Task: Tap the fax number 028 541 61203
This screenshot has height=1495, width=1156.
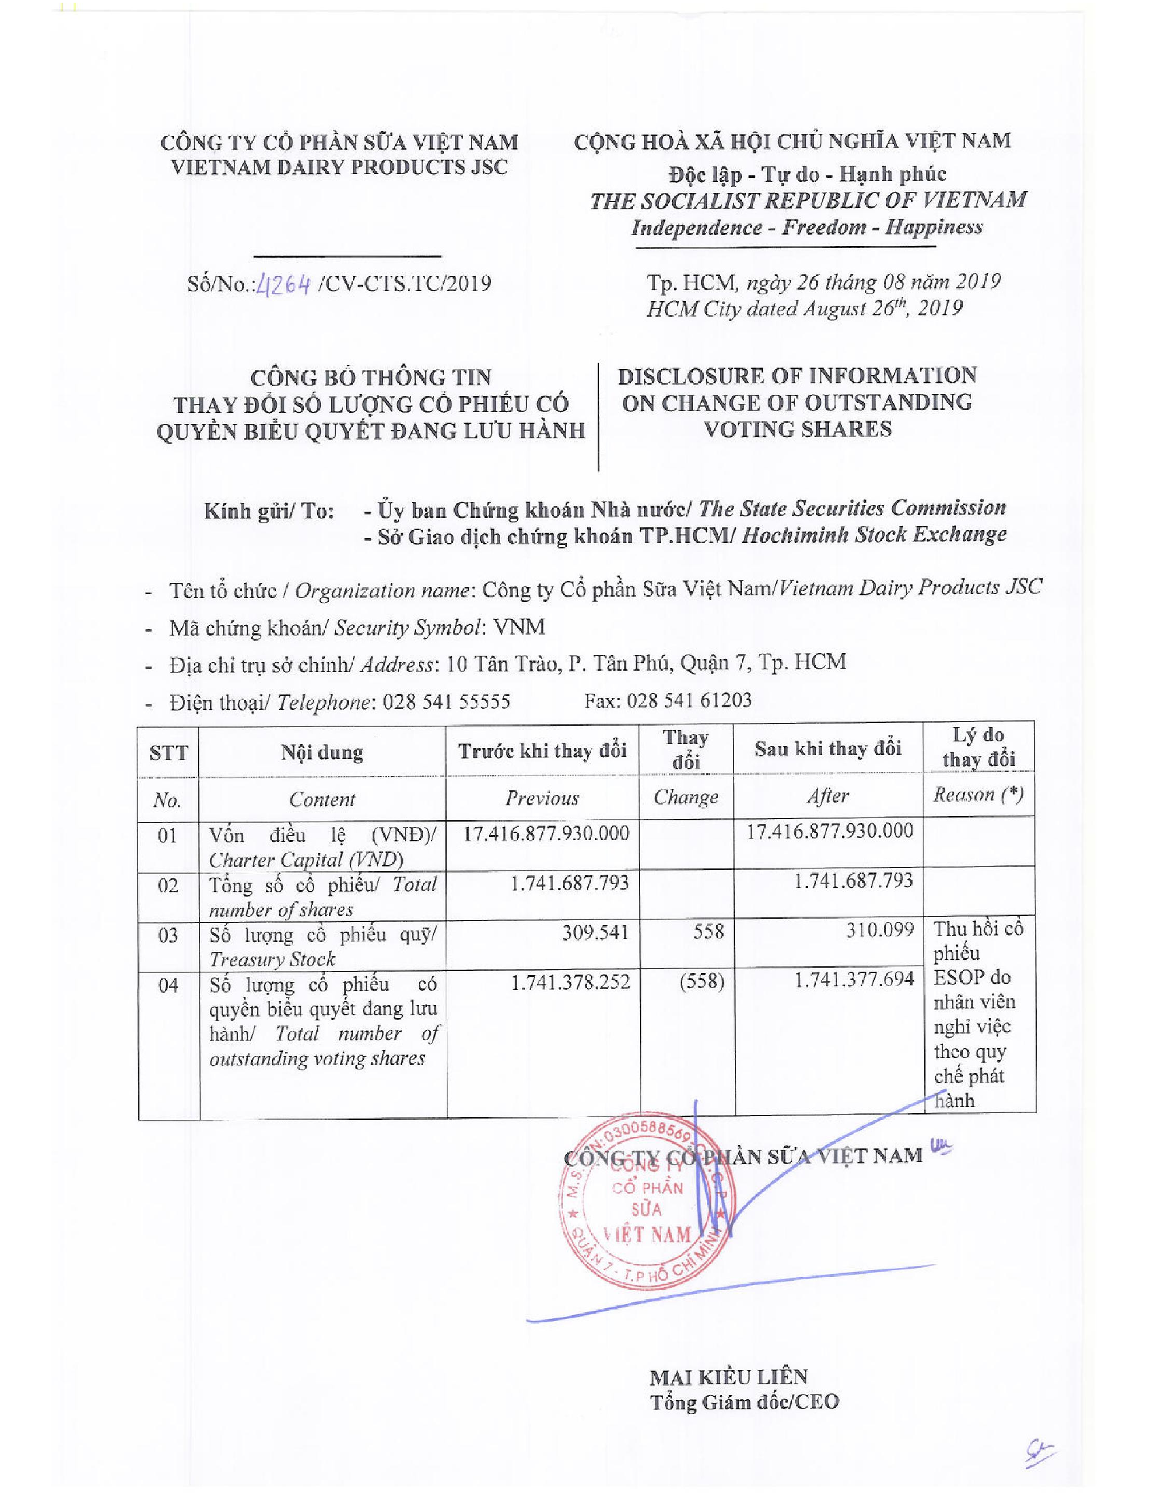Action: click(688, 700)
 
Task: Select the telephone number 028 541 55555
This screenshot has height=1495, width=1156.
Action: click(446, 703)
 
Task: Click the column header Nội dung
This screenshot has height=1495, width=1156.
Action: click(322, 752)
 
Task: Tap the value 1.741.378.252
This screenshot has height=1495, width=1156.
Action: click(570, 983)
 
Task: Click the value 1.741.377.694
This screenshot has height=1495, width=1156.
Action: click(853, 979)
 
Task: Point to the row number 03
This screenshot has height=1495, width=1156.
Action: click(168, 935)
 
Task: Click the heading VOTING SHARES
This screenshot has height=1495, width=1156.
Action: click(798, 429)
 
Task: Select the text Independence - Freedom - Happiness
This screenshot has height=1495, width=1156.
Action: click(806, 227)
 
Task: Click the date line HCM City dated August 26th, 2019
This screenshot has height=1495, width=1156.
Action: click(804, 309)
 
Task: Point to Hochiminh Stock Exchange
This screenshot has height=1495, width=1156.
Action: click(874, 535)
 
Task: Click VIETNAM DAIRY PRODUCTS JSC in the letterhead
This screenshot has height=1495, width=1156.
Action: click(339, 167)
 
